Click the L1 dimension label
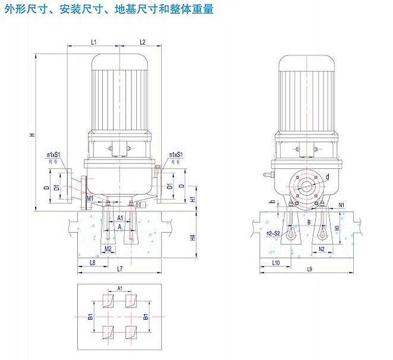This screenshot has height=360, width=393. point(94,42)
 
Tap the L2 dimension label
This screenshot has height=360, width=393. point(143,42)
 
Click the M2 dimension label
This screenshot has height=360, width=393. point(108,248)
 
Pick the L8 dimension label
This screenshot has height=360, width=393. point(92,262)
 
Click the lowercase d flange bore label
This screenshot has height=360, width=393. point(326,177)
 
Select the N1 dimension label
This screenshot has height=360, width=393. point(342,205)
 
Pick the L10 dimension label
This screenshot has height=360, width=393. point(275,262)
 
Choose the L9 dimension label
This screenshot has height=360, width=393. point(309,270)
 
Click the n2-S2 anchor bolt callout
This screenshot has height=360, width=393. point(274,233)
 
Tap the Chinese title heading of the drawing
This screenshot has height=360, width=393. point(108,10)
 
